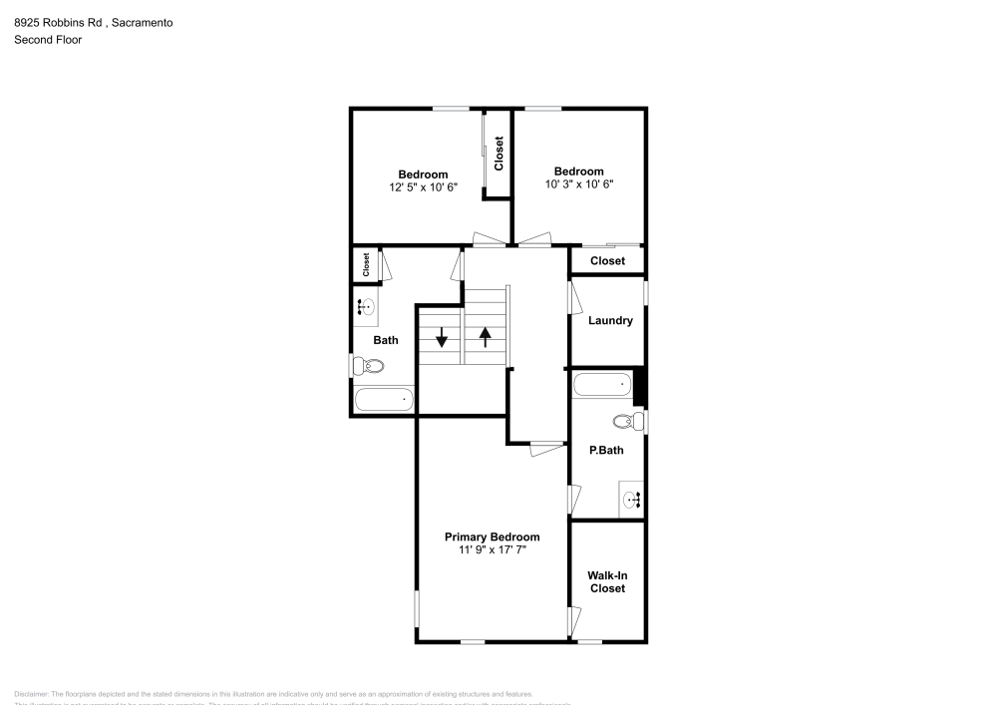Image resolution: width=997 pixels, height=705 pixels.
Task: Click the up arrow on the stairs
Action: [486, 337]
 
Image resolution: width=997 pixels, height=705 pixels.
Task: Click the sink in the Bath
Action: [366, 307]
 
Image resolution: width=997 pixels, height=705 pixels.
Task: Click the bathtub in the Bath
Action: [384, 400]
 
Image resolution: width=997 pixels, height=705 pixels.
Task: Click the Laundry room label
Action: [610, 321]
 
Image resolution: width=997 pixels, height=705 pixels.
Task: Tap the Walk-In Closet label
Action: [607, 582]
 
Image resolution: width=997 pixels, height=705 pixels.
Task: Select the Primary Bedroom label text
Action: [492, 536]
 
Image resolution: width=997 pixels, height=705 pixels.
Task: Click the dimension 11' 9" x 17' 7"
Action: [492, 549]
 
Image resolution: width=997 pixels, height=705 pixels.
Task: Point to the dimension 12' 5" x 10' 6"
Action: [423, 187]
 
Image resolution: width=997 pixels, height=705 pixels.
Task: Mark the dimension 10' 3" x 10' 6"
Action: [578, 183]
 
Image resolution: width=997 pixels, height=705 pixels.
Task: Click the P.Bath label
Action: [606, 451]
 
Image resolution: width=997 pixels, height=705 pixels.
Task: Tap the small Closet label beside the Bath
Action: [366, 264]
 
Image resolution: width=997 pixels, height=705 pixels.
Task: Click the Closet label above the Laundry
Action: [607, 261]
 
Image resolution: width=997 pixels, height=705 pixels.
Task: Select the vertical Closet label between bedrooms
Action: [498, 153]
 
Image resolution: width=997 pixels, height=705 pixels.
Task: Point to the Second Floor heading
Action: [48, 40]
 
